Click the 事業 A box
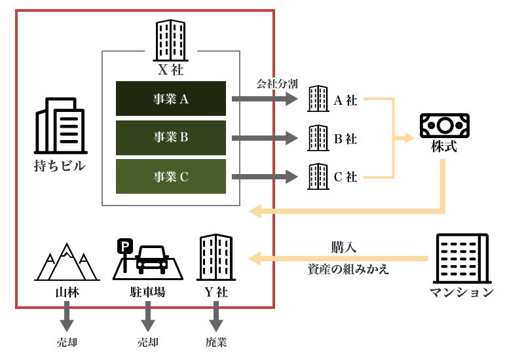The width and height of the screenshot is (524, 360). click(170, 99)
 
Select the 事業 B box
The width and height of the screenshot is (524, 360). click(170, 137)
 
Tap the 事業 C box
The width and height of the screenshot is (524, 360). click(170, 176)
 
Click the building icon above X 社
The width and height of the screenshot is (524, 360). click(170, 40)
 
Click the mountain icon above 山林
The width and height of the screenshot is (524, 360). click(66, 262)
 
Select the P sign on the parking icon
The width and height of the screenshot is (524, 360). click(124, 247)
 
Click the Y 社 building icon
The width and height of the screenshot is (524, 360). click(216, 257)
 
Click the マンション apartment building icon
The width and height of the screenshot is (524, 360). click(462, 259)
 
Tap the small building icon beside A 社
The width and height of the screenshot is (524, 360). click(318, 99)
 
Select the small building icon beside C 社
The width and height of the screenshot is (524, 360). click(318, 177)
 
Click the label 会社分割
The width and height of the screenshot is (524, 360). click(277, 84)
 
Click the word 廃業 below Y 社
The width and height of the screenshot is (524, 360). click(216, 342)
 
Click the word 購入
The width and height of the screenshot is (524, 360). click(344, 247)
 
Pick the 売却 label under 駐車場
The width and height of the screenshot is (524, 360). click(148, 342)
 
